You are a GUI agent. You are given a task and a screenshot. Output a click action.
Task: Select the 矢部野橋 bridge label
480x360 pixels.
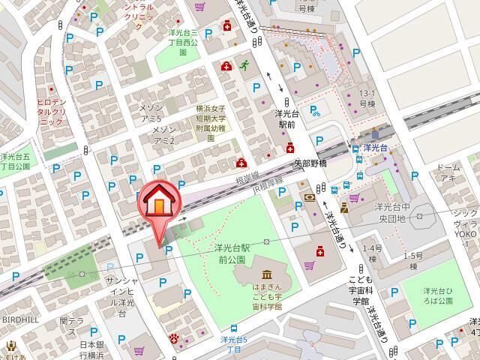coord(310,163)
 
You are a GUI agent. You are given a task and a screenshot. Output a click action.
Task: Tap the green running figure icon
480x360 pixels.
coord(244,66)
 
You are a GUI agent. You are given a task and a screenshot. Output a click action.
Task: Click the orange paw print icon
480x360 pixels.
coord(175,337)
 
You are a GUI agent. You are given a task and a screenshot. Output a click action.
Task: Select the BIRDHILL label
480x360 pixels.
coord(20,318)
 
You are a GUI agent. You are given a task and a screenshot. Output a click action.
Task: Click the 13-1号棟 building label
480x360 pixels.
coord(367,99)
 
